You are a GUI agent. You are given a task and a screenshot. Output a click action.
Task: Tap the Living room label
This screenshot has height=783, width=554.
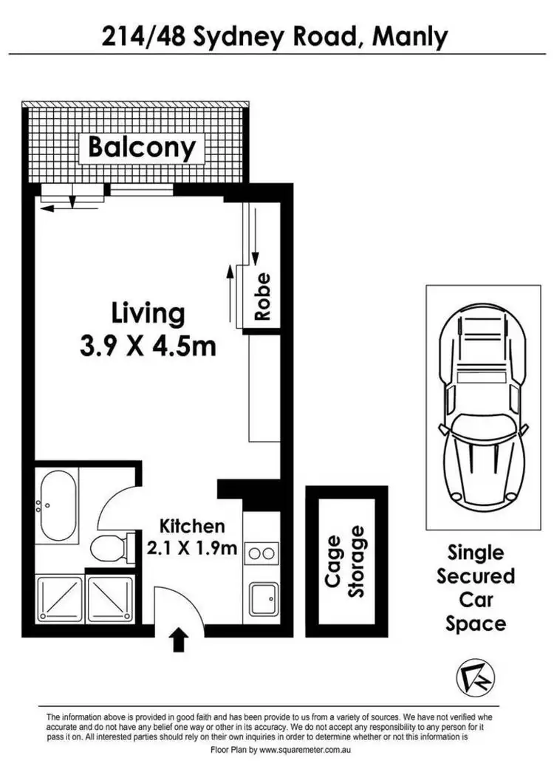[x=148, y=313]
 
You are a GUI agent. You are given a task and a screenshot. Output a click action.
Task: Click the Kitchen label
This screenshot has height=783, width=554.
[x=192, y=527]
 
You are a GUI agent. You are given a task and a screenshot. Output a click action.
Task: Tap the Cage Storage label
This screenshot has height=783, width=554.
[x=345, y=561]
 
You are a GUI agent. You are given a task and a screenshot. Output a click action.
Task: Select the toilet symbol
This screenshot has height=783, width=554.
[x=109, y=547]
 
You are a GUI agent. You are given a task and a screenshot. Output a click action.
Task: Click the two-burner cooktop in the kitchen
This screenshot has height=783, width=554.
[x=261, y=552]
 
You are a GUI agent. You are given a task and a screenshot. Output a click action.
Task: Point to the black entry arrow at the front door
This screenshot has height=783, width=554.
[x=178, y=639]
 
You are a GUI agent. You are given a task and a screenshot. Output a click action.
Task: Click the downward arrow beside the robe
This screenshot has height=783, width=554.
[x=255, y=236]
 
